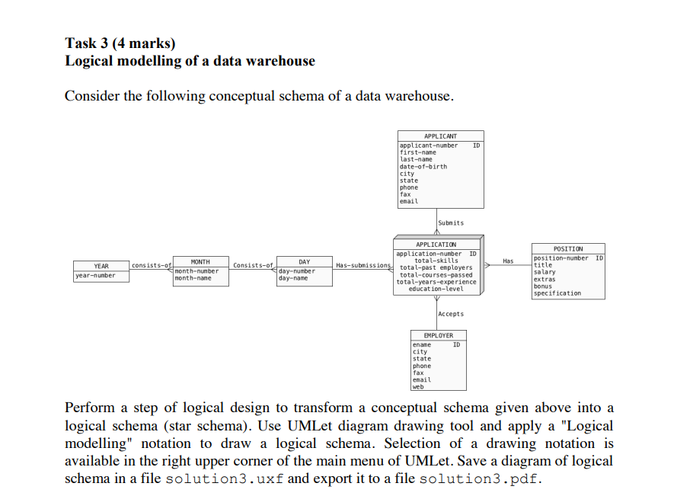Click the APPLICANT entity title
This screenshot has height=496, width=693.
(440, 136)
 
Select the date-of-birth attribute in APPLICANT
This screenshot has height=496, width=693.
(423, 166)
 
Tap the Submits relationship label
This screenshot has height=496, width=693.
(451, 222)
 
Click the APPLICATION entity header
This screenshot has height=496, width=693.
(436, 245)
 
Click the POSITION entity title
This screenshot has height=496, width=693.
(568, 249)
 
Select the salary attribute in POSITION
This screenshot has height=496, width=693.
(544, 272)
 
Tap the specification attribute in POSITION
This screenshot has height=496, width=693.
(557, 293)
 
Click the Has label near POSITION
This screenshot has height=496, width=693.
(508, 261)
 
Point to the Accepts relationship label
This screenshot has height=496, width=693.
(451, 314)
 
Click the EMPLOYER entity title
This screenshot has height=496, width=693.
(438, 335)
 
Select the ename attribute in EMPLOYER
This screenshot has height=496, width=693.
(421, 345)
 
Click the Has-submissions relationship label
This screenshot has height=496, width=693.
(363, 265)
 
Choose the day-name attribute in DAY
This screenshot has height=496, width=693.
(294, 278)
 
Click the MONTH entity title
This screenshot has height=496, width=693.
(200, 262)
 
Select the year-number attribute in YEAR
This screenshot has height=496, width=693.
(96, 276)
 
